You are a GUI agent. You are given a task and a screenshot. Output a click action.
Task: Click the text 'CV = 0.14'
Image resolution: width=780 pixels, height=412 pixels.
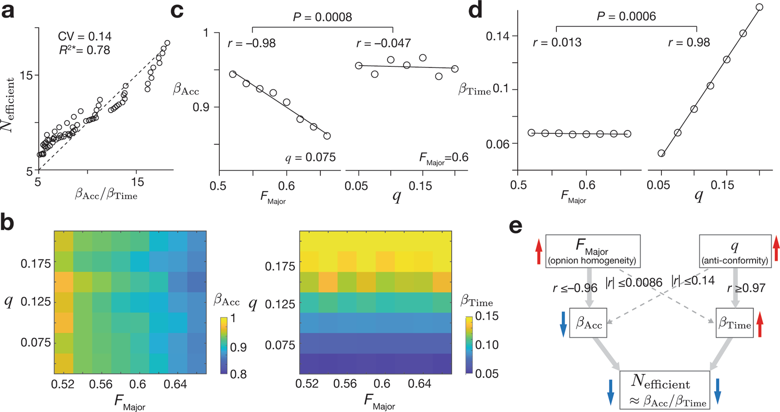tap(84, 36)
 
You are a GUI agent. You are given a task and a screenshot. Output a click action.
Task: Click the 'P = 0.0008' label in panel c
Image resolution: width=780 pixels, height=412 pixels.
tap(322, 17)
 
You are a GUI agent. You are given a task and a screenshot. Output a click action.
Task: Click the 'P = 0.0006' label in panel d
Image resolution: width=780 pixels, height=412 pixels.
tap(626, 16)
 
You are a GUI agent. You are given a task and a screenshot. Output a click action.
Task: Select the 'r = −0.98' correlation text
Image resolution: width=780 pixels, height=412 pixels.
tap(251, 43)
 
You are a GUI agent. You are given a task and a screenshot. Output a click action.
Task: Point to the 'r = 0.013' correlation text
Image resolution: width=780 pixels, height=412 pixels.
tap(557, 43)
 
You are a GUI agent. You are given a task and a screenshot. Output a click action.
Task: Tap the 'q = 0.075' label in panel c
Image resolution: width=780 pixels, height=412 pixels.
tap(310, 157)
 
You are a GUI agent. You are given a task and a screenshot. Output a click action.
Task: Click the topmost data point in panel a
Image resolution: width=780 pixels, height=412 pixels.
tap(167, 43)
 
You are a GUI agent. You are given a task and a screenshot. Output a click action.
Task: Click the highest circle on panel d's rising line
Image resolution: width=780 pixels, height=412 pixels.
tap(759, 7)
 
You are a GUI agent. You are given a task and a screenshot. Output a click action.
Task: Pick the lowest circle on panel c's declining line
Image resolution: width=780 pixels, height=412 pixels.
tap(327, 136)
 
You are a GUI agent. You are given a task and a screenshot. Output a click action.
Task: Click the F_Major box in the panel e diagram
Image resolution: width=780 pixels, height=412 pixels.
tap(592, 251)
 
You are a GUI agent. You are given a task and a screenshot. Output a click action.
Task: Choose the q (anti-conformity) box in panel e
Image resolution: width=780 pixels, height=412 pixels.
tap(735, 251)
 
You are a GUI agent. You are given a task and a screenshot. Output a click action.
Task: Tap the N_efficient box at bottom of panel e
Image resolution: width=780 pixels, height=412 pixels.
tap(664, 390)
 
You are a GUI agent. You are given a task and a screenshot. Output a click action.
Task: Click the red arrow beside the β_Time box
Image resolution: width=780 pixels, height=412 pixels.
tap(760, 325)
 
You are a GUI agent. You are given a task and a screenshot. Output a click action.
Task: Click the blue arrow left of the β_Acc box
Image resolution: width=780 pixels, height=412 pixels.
tap(563, 324)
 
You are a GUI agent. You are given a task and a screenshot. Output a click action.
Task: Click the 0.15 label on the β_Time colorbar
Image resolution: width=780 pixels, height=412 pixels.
tap(486, 316)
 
